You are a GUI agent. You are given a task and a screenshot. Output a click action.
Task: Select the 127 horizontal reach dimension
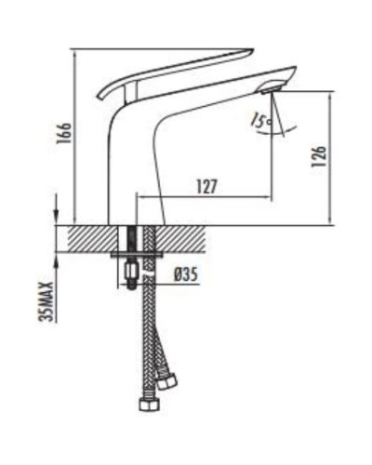pos(206,186)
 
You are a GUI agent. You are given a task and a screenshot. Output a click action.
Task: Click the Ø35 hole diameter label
pos(187,274)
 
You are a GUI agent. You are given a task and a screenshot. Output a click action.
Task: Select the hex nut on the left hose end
pos(147,405)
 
